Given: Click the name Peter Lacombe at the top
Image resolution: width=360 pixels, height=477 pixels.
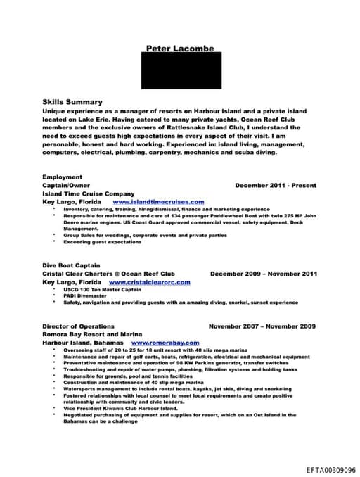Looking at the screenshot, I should pyautogui.click(x=180, y=49).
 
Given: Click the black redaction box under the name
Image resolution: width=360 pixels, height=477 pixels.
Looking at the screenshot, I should pyautogui.click(x=180, y=71).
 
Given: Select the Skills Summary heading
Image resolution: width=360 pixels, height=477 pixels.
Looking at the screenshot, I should pyautogui.click(x=72, y=102).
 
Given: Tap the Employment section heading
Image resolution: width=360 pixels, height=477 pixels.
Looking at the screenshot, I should pyautogui.click(x=62, y=177).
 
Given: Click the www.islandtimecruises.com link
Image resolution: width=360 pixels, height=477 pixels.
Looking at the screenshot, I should pyautogui.click(x=158, y=201).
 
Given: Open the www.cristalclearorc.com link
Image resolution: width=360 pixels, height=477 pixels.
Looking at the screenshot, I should pyautogui.click(x=151, y=281).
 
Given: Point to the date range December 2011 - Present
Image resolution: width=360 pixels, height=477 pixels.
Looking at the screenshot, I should pyautogui.click(x=276, y=185).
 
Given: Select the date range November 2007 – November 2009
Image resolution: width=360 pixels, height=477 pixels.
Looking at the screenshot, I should pyautogui.click(x=262, y=326).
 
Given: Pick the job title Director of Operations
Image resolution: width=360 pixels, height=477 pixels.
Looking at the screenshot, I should pyautogui.click(x=78, y=326).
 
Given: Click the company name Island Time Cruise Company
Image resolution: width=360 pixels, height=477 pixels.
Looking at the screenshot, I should pyautogui.click(x=88, y=193).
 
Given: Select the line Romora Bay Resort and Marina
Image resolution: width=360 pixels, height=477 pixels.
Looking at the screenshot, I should pyautogui.click(x=92, y=334).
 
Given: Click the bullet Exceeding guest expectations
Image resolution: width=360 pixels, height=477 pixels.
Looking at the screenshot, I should pyautogui.click(x=102, y=241).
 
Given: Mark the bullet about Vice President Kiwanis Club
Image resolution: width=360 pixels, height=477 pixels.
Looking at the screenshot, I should pyautogui.click(x=120, y=409).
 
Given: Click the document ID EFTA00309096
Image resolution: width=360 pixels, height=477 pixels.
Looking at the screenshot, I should pyautogui.click(x=331, y=469).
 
